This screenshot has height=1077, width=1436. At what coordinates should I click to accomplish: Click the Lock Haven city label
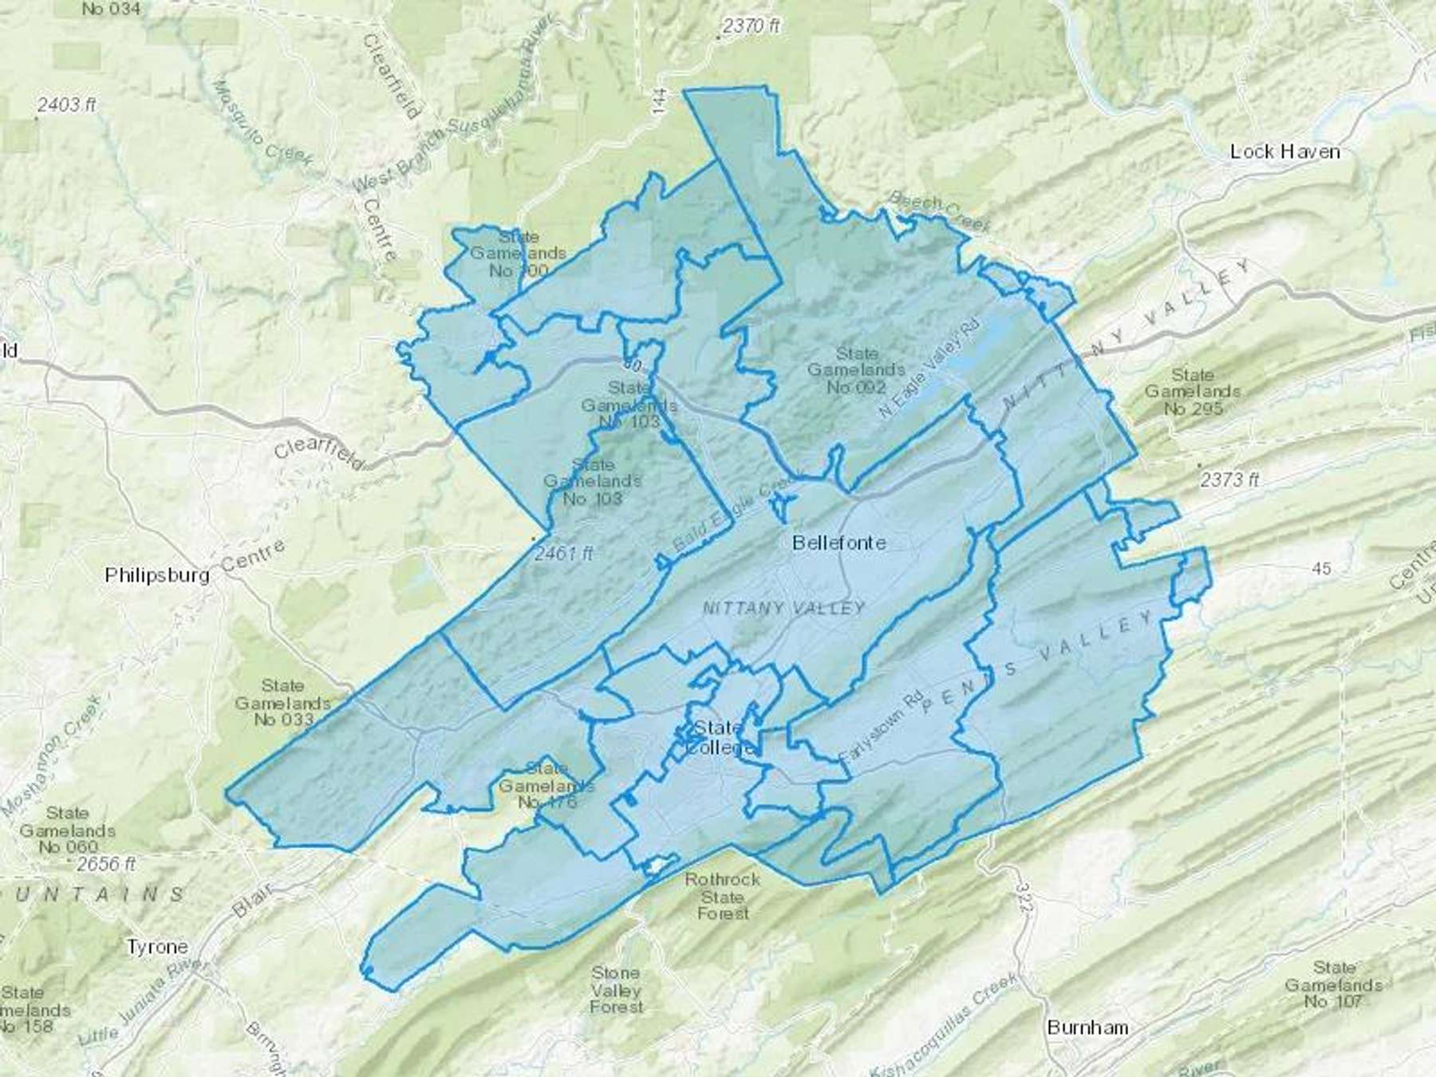coord(1284,152)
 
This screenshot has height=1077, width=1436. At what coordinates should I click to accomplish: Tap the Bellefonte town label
coord(838,542)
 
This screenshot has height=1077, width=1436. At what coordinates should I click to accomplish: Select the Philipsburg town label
coord(157,575)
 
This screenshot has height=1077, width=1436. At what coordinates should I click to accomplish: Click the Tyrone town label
coord(157,947)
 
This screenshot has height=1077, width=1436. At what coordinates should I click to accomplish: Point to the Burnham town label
coord(1087,1027)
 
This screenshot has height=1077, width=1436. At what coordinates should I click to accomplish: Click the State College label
coord(720,738)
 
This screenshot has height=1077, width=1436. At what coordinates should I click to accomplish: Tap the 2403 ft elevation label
coord(67,105)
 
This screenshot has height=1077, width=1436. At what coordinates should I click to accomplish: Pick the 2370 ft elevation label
coord(751,26)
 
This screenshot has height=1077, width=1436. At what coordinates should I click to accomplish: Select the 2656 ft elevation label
coord(107,864)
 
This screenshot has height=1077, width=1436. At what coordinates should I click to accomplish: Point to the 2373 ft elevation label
coord(1229,479)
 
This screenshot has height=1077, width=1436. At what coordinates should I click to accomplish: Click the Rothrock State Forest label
coord(723,896)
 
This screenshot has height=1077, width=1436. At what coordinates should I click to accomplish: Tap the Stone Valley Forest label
coord(616,990)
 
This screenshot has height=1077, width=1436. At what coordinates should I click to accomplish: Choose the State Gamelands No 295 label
coord(1192,392)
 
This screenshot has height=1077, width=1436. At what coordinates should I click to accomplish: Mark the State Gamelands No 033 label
coord(282,703)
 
